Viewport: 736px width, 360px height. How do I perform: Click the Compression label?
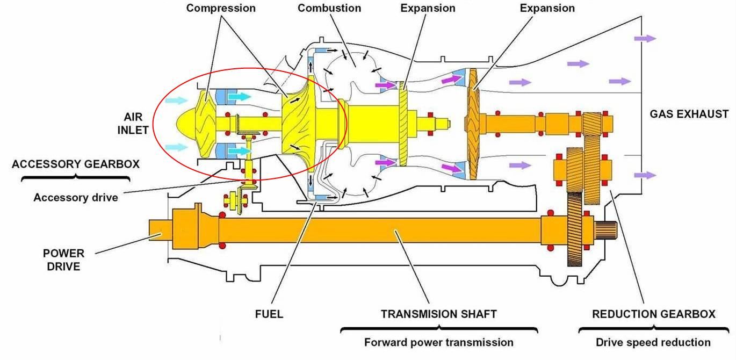[x=221, y=8]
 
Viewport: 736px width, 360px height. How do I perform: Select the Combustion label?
[x=329, y=8]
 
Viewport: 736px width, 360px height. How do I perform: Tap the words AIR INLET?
[x=133, y=124]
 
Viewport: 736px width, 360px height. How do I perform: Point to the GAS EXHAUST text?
[x=689, y=114]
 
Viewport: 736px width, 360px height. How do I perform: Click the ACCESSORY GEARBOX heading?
[x=76, y=164]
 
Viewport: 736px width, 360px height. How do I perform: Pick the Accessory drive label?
[x=76, y=197]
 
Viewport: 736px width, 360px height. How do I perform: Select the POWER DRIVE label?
[x=63, y=260]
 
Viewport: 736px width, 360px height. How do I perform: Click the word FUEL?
[x=269, y=314]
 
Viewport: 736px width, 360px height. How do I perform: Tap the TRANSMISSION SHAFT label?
[x=438, y=314]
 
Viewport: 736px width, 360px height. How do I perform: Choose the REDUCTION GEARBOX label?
[x=653, y=314]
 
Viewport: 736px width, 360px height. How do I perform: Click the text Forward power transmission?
[x=438, y=342]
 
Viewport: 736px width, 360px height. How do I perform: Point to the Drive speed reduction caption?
[x=653, y=342]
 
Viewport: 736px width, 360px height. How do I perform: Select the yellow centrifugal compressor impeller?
[x=298, y=123]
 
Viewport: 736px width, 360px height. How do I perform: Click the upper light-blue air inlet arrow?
[x=176, y=100]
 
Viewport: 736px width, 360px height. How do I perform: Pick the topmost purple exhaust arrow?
[x=645, y=39]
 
